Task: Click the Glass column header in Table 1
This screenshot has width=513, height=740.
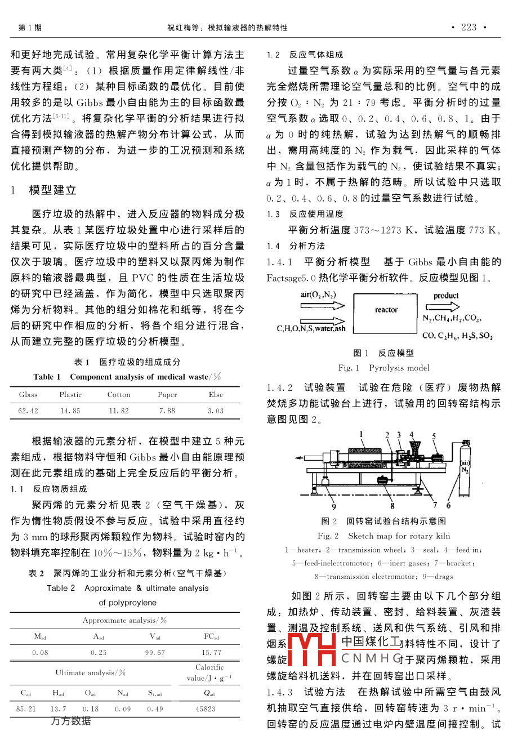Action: pos(28,395)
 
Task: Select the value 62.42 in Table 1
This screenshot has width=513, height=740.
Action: pos(28,411)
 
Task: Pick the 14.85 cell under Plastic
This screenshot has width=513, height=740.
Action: pos(70,411)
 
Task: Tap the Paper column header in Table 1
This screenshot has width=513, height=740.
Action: pos(167,395)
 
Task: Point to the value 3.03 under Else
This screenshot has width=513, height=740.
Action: pos(215,411)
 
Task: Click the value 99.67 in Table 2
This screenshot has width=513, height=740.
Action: pos(155,652)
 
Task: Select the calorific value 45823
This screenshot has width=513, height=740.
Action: pos(206,709)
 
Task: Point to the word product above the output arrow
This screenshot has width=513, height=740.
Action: pos(446,295)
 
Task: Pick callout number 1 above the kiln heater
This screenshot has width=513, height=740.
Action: pos(362,434)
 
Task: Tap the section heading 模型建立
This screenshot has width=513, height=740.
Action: pos(52,190)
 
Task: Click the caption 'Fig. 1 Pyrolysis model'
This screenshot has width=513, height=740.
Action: pos(383,368)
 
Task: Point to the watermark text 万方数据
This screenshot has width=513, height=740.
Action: pos(71,721)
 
